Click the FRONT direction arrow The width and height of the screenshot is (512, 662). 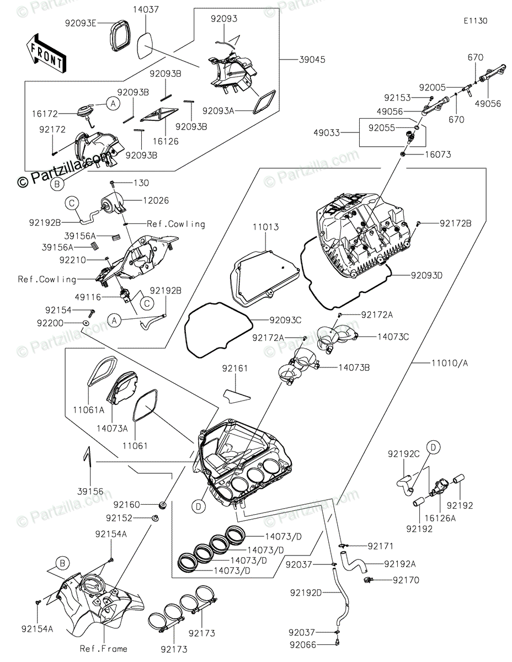point(46,54)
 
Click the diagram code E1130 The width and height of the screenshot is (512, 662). point(476,21)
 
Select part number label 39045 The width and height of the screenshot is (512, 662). point(312,60)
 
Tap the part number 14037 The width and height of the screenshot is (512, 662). point(146,9)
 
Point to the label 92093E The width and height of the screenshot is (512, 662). point(81,23)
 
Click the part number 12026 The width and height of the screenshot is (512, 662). point(156,200)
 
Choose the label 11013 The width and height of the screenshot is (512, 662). point(265,227)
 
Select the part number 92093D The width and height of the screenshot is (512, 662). point(426,275)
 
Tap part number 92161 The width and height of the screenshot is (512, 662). point(235,369)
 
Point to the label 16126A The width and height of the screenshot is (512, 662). point(440,518)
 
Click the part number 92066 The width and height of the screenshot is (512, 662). point(303,645)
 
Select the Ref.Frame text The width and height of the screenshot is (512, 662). point(104,649)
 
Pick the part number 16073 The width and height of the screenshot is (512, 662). point(438,154)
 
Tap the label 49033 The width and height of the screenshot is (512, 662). point(327,133)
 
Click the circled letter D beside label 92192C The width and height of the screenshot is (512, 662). point(434,447)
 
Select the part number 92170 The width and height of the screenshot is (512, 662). point(406,580)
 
